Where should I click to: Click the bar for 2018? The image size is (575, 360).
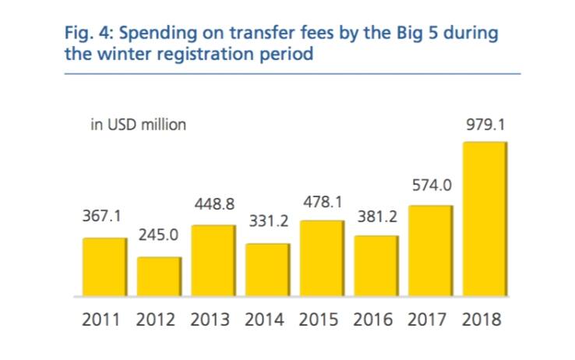click(485, 219)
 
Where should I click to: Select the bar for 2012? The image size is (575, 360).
click(160, 277)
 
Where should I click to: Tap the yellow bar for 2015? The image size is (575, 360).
click(323, 258)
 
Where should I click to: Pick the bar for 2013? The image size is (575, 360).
click(213, 261)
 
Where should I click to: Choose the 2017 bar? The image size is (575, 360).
click(431, 251)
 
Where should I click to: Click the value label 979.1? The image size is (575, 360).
click(485, 125)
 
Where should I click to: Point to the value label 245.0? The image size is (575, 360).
click(158, 235)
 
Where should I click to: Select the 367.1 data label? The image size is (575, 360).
click(101, 216)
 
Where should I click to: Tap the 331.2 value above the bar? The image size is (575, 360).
click(269, 221)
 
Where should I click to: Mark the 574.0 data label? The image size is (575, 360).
click(432, 185)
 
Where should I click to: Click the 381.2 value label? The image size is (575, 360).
click(377, 217)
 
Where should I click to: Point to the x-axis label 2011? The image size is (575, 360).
click(101, 319)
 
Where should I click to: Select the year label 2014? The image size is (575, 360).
click(264, 319)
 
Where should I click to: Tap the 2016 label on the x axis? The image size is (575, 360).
click(373, 319)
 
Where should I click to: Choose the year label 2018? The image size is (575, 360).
click(482, 319)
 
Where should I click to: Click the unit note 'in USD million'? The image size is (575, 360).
click(138, 125)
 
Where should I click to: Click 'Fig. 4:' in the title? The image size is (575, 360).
click(90, 34)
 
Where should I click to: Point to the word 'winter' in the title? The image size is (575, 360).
click(124, 54)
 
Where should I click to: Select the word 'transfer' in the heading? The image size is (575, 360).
click(263, 33)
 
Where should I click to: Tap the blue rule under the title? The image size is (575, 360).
click(293, 74)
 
